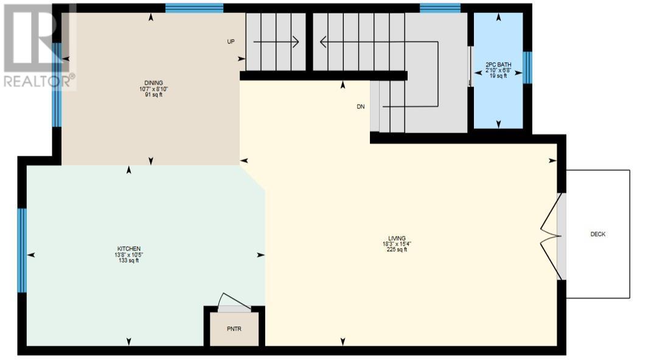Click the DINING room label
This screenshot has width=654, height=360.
(x=153, y=83)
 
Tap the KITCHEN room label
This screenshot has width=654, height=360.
(x=129, y=249)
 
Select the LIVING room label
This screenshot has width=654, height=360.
(x=397, y=238)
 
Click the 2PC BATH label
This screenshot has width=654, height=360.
(x=498, y=64)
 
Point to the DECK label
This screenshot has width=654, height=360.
(x=597, y=235)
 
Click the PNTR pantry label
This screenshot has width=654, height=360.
(x=234, y=329)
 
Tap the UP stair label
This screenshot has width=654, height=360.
(x=231, y=42)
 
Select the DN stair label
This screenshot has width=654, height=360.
(x=361, y=107)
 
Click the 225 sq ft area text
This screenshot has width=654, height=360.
(x=397, y=249)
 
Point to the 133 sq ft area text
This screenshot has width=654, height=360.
(x=129, y=260)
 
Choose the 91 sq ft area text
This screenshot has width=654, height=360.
(x=153, y=95)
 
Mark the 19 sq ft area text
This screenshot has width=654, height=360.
(x=498, y=76)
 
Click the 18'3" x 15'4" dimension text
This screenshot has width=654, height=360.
(x=397, y=244)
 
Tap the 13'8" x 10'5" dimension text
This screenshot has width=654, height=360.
(x=129, y=254)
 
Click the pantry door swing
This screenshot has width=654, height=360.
(x=234, y=302)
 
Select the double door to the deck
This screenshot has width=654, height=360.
(x=551, y=236)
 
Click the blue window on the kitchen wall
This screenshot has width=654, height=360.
(x=22, y=251)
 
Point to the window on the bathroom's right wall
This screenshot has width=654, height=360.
(x=527, y=67)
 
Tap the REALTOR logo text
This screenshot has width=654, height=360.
(x=40, y=81)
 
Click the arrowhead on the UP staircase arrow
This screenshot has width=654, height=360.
(x=296, y=42)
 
